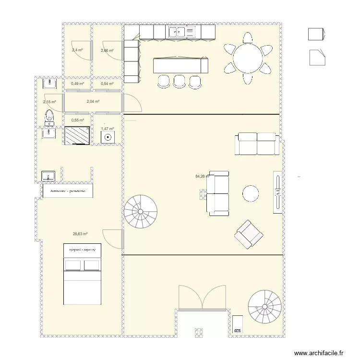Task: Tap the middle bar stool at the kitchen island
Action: coord(179,81)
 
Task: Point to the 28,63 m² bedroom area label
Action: coord(80,234)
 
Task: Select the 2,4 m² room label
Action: coord(77,50)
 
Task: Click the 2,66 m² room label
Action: coord(107,50)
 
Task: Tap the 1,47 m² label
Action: coord(107,129)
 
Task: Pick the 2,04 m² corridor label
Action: coord(93,101)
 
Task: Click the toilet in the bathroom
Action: coord(48,116)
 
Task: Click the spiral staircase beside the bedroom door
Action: coord(140,211)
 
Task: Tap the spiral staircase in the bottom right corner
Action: coord(265,306)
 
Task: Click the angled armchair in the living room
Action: coord(248,234)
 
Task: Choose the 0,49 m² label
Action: coord(77,84)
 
